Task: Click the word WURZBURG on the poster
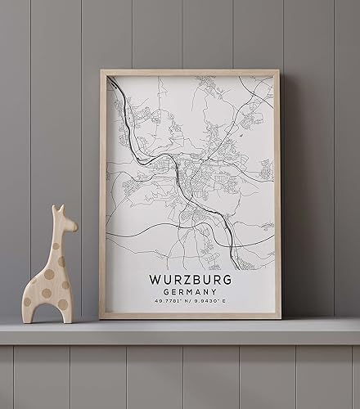point(191,279)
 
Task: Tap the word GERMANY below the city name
point(191,292)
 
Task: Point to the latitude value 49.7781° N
point(169,303)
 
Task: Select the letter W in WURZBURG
point(155,279)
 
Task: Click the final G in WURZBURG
point(227,279)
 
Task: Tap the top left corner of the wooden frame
point(101,72)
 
